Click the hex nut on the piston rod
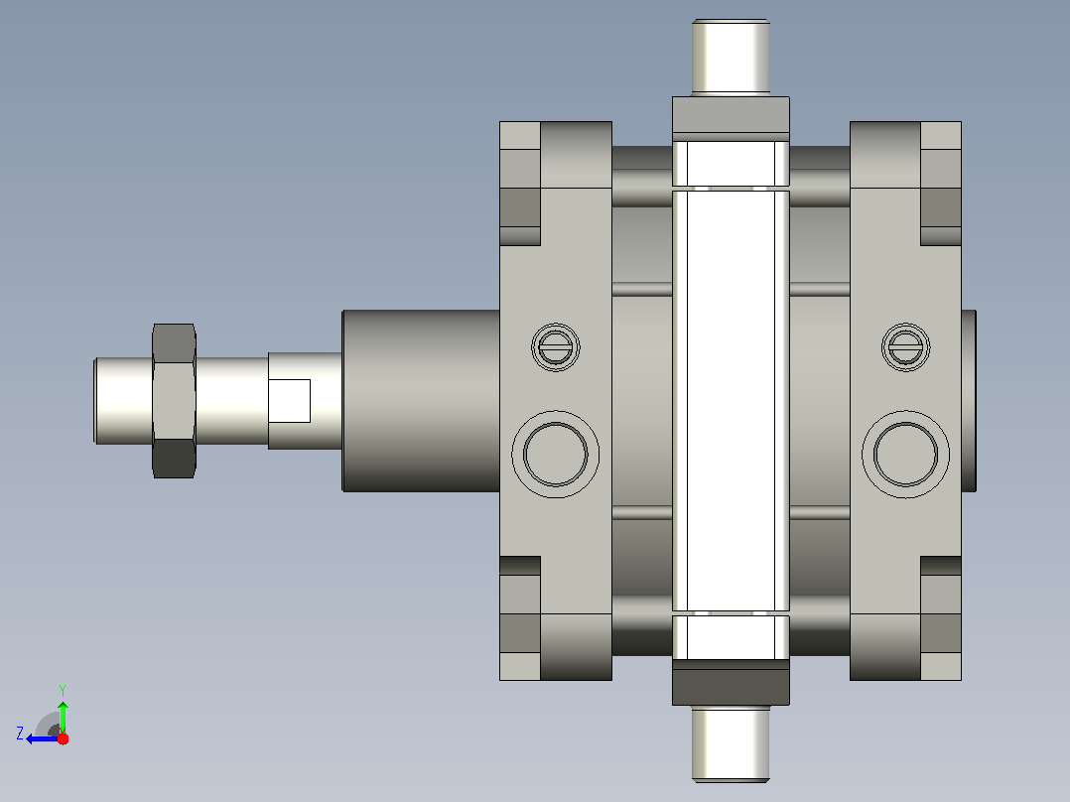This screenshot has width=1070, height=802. tap(174, 401)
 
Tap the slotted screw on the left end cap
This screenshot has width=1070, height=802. tap(556, 347)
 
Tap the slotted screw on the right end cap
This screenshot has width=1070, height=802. tap(905, 347)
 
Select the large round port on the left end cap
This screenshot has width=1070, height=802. tap(556, 454)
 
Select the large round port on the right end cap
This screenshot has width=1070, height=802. tap(905, 454)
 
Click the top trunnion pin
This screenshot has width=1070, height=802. tap(731, 58)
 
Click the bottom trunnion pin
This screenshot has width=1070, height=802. tap(731, 744)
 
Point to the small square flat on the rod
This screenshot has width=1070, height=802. tap(290, 401)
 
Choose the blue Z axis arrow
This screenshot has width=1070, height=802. tap(43, 738)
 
